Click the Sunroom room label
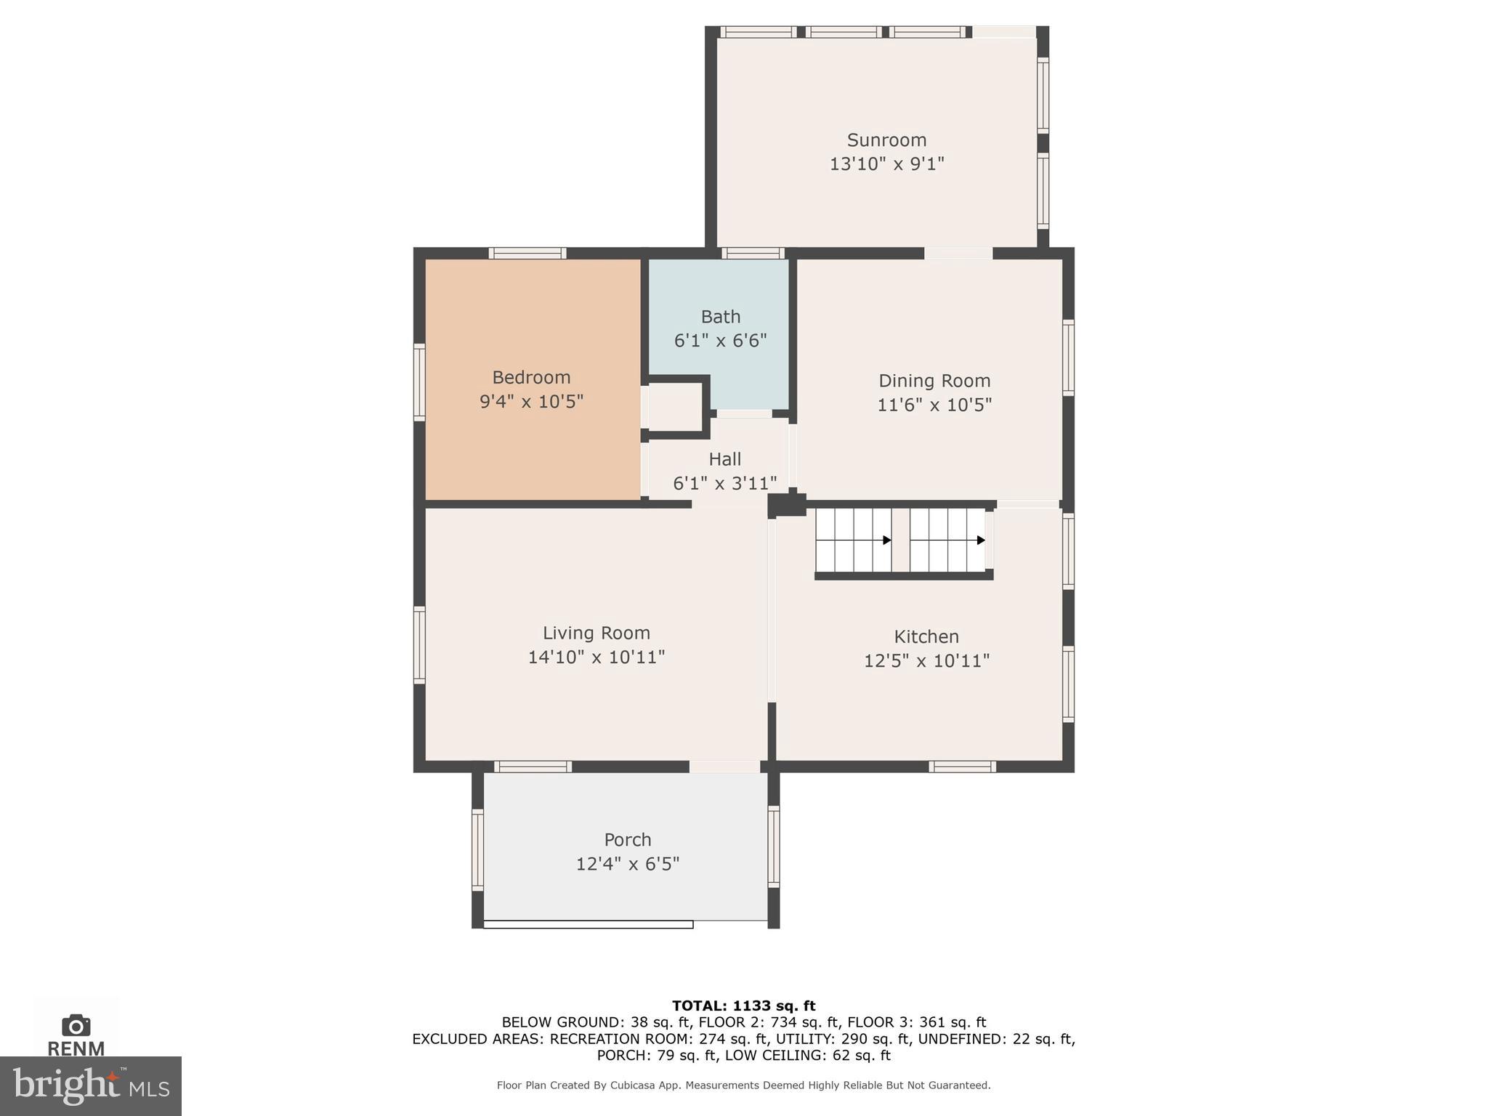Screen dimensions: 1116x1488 coord(886,139)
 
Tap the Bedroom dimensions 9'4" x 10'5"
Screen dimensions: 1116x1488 coord(531,401)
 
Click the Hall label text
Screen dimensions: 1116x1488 coord(724,459)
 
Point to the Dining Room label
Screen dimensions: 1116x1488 coord(934,381)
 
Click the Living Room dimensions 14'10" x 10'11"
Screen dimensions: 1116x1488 coord(596,657)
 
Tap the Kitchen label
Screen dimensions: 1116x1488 coord(926,636)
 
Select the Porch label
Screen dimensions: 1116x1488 coord(627,840)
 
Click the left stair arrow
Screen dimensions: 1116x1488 coord(886,540)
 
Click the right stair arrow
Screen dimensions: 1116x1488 coord(980,540)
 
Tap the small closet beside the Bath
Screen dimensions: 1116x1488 coord(674,408)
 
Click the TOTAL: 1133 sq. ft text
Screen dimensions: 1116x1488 coord(743,1006)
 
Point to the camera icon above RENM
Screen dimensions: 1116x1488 coord(76,1025)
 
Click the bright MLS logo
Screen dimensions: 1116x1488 coord(90,1085)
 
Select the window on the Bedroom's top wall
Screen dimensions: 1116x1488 coord(527,253)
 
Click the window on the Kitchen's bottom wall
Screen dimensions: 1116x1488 coord(962,767)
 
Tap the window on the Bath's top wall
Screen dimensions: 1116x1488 coord(753,253)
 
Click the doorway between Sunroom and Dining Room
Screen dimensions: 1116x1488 coord(958,253)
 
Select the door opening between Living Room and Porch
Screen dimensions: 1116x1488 coord(724,767)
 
